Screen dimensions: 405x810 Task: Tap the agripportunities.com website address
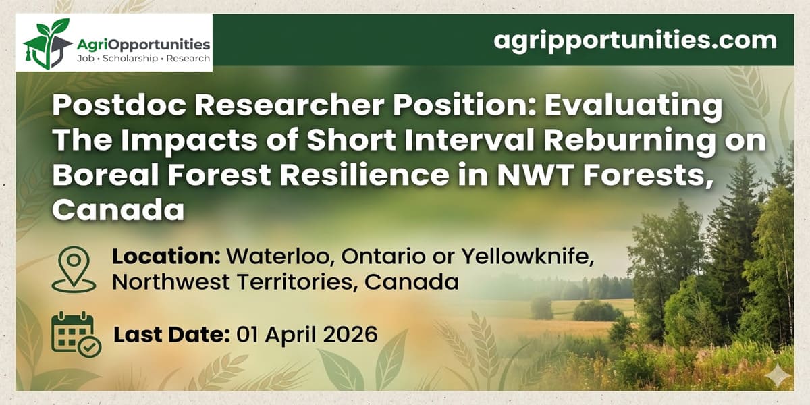click(635, 40)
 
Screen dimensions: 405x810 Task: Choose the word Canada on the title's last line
click(118, 209)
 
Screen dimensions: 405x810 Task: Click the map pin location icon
click(74, 269)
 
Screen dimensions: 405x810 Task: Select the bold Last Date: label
click(171, 334)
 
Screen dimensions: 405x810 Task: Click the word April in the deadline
click(292, 334)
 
